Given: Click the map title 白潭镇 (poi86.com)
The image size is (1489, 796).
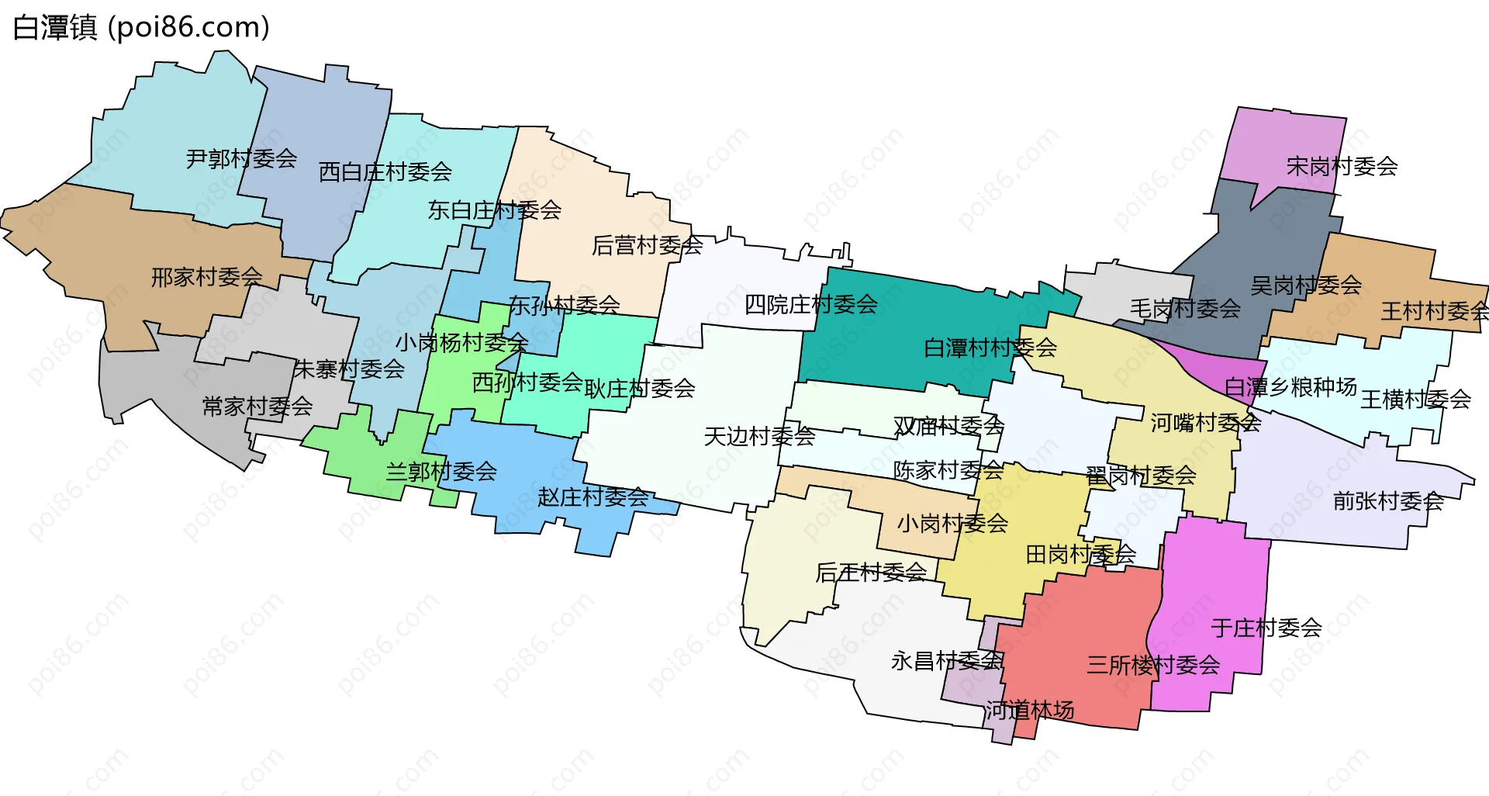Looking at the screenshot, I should [x=141, y=27].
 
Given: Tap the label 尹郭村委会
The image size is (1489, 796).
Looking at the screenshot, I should [x=241, y=159].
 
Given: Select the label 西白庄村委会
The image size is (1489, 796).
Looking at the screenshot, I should [x=385, y=171].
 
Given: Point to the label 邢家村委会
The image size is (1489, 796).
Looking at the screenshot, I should [x=206, y=277].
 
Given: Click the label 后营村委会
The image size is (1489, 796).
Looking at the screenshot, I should [x=647, y=245].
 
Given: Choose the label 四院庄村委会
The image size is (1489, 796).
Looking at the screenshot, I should [x=810, y=304].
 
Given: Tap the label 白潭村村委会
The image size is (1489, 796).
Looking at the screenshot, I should [x=990, y=348].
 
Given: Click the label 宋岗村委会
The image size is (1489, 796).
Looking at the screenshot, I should [x=1342, y=166].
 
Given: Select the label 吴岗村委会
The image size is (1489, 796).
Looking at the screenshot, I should [x=1306, y=286].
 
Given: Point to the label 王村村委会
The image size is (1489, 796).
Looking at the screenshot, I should [x=1434, y=311].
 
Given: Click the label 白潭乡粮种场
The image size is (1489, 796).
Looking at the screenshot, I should [x=1290, y=386].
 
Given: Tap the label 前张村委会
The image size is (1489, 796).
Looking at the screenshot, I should [x=1387, y=501].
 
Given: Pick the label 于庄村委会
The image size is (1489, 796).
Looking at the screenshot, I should [x=1266, y=628].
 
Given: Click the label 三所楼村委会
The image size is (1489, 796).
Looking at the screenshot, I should [x=1152, y=665].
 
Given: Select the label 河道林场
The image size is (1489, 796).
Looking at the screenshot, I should [x=1029, y=710].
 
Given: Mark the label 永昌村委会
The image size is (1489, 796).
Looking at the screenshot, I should [x=946, y=661].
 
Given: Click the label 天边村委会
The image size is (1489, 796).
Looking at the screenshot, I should [x=758, y=437].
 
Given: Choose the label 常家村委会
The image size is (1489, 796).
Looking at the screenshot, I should [x=257, y=406].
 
